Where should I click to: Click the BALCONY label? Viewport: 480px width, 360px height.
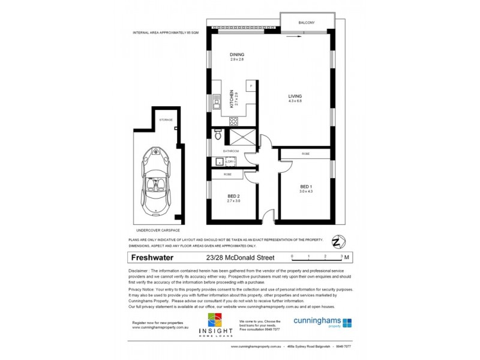click(307, 23)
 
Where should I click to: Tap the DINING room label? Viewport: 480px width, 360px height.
click(237, 55)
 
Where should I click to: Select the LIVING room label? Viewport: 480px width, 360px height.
click(295, 97)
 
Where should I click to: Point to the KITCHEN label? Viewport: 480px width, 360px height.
click(232, 98)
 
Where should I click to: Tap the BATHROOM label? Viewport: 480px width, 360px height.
click(231, 151)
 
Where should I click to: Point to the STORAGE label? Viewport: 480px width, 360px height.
click(166, 120)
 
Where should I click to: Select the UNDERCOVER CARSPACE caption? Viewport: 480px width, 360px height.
click(158, 230)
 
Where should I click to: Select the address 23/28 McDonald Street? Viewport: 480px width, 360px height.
click(240, 258)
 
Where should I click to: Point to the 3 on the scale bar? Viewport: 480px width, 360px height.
click(341, 256)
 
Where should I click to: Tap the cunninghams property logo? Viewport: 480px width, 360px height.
click(322, 322)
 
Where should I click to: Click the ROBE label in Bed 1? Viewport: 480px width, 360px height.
click(305, 154)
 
